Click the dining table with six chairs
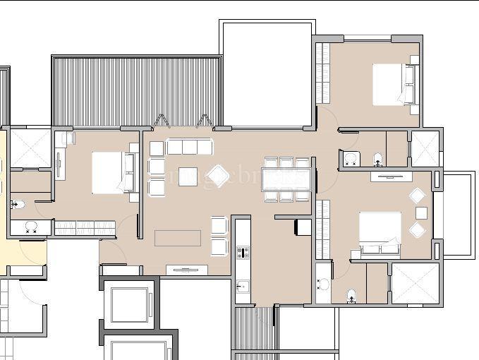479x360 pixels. [x=285, y=180]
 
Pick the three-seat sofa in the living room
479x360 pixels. [x=189, y=147]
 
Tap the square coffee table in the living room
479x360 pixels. [x=188, y=176]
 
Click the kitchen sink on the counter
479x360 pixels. [x=243, y=287]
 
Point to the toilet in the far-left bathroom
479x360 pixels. [x=18, y=205]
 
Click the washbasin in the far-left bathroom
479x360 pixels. [x=31, y=227]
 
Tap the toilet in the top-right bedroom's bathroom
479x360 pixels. [x=378, y=159]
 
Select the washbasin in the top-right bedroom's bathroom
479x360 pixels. [x=350, y=159]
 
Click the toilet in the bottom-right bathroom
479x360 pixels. [x=351, y=295]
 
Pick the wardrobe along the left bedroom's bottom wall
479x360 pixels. [x=85, y=227]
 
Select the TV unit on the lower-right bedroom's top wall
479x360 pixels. [x=391, y=176]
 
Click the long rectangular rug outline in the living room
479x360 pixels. [x=177, y=238]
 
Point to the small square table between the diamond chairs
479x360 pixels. [x=421, y=212]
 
